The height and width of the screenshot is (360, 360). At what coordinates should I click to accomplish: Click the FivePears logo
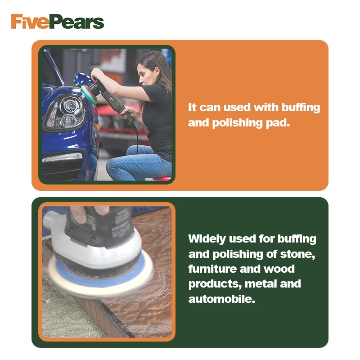(58, 22)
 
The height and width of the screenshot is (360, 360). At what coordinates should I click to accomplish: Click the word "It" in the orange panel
(193, 108)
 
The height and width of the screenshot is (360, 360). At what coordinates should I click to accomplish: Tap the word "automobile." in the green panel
(221, 298)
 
